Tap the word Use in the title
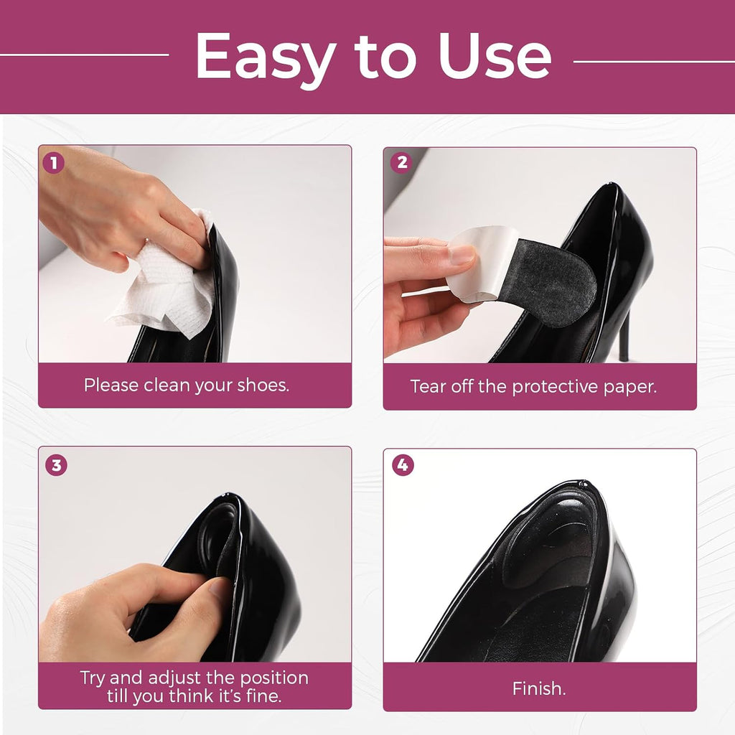click(x=495, y=56)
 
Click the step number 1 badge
click(x=53, y=163)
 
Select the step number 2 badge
click(x=402, y=162)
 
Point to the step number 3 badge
click(x=56, y=465)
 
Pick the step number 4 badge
click(x=403, y=465)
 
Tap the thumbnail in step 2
click(x=462, y=255)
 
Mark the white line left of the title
click(x=85, y=55)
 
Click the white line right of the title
click(x=654, y=62)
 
